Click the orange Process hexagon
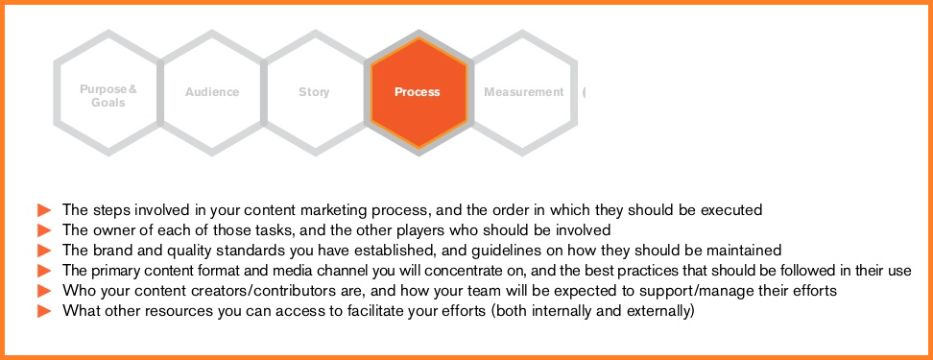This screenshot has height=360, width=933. coord(419,92)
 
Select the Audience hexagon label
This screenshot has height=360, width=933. coord(212,92)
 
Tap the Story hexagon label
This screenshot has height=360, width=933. coord(314,92)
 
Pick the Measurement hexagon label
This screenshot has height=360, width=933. coord(524,92)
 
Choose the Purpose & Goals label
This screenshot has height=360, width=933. coord(108,96)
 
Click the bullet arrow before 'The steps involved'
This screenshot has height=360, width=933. coord(44,210)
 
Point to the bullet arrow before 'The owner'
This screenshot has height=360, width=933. coord(44,230)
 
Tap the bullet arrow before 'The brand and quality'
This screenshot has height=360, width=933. coord(44,251)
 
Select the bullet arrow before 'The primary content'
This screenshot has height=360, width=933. coord(44,271)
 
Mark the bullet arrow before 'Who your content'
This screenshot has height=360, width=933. coord(44,291)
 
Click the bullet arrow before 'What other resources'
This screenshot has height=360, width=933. coord(44,311)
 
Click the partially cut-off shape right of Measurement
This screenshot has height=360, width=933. coord(585,92)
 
